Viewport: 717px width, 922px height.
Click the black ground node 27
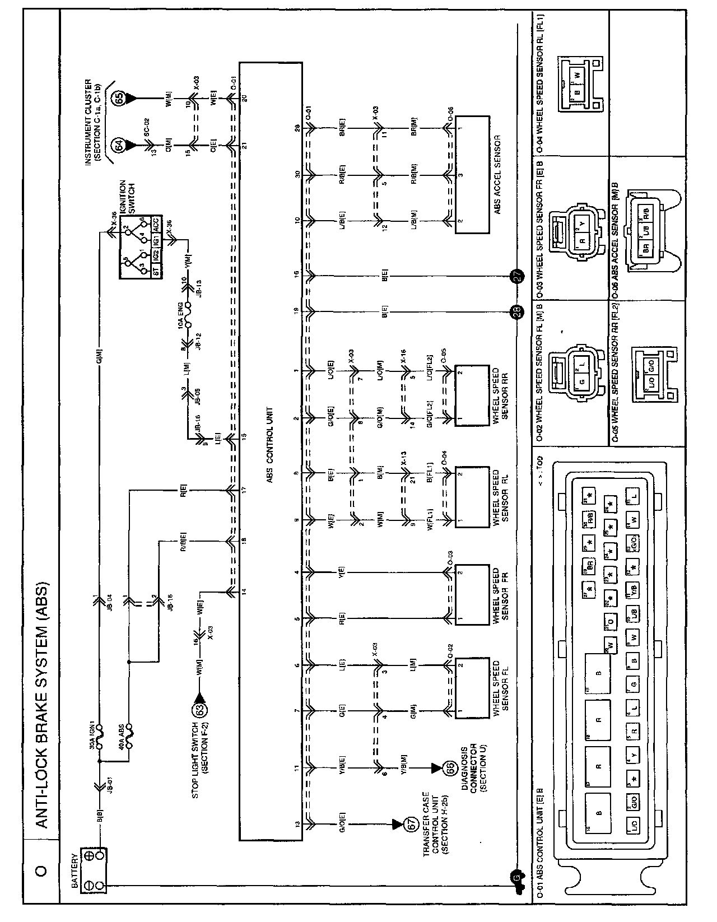point(515,275)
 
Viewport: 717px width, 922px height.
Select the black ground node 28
point(515,312)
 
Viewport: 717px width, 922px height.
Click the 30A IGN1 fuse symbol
point(100,738)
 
